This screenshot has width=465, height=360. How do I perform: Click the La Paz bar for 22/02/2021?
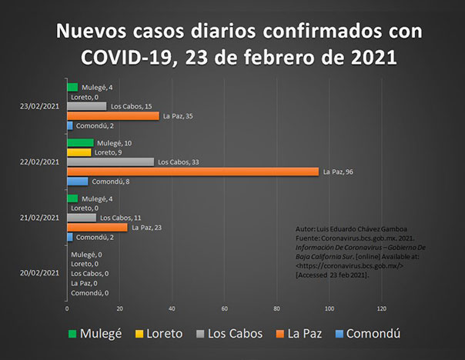pos(192,172)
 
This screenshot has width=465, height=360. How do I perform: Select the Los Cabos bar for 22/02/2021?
pos(110,162)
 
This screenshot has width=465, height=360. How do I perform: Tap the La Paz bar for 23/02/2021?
pos(112,115)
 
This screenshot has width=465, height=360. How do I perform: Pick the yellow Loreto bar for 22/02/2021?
pos(79,152)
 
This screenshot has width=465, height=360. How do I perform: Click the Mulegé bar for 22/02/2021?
pos(80,143)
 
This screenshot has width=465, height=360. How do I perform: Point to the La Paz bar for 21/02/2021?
pos(97,228)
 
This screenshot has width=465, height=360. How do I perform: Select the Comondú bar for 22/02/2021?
pos(77,182)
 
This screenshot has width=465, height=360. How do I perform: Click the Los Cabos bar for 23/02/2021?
pos(86,106)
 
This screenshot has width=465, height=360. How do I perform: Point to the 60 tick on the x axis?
pos(224,309)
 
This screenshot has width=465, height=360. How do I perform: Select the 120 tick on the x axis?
pos(381,309)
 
